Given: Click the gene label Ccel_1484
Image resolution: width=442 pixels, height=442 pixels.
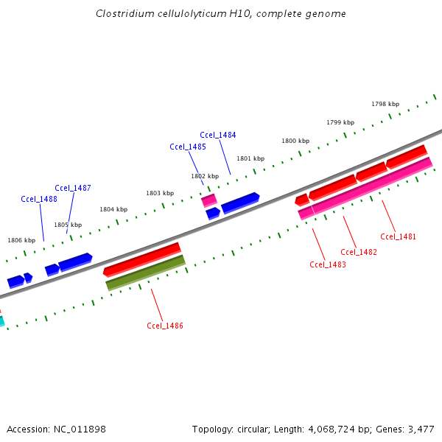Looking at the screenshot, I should (x=218, y=135).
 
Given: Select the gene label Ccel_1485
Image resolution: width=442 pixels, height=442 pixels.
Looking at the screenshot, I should (x=188, y=147).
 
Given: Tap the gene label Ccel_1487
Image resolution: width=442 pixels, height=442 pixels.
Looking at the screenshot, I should (x=73, y=188).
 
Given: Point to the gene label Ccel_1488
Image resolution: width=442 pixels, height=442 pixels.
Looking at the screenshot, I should (x=39, y=199).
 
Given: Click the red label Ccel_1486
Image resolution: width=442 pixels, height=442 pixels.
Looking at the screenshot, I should (x=165, y=326).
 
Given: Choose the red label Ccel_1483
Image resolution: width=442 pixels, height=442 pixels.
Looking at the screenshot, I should (x=328, y=264).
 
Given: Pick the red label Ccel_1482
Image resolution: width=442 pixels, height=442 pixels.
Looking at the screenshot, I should (x=359, y=252).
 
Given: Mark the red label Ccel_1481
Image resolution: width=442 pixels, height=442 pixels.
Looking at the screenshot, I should (x=399, y=236).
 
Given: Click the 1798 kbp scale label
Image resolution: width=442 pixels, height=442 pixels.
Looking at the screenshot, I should (x=385, y=104).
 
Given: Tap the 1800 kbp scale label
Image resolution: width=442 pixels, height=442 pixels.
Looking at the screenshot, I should (x=295, y=141).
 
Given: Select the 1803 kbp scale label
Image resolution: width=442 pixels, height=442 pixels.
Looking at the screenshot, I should (x=160, y=193).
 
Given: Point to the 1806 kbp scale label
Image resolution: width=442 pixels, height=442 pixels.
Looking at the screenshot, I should (x=21, y=240).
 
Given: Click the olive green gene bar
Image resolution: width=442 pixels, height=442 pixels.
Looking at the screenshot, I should (x=145, y=273).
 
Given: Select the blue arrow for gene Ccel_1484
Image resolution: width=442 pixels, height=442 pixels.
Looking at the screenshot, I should (x=240, y=203).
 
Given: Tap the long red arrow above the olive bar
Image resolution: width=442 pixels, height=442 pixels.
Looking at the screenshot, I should (x=142, y=259).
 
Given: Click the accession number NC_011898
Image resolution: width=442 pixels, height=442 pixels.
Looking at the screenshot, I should (x=79, y=429).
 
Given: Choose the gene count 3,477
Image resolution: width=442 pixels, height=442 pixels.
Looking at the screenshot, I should (x=421, y=429).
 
